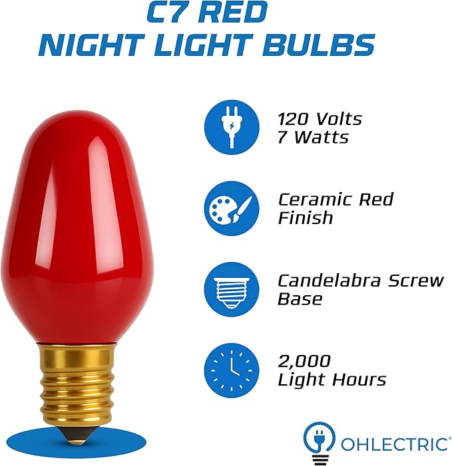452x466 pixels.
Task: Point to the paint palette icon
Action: [231, 207]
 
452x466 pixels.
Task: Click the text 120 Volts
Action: [320, 119]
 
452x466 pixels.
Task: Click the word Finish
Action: [305, 217]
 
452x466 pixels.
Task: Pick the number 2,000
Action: [304, 362]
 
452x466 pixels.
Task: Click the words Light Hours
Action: [332, 380]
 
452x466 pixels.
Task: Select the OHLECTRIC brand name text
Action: [395, 443]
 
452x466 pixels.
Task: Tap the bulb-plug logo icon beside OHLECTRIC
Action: [320, 440]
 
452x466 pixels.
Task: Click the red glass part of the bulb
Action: [79, 219]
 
